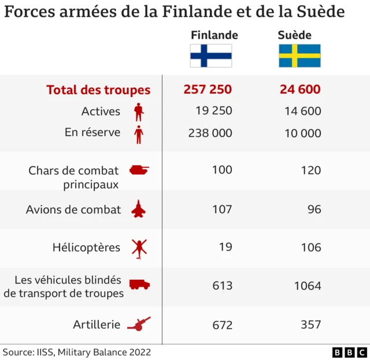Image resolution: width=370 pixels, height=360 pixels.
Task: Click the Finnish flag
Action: [211, 56]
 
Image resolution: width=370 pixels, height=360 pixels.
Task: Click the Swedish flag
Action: [299, 56]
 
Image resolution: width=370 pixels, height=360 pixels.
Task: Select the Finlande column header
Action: [214, 35]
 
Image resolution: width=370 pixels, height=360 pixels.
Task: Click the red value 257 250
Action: [208, 90]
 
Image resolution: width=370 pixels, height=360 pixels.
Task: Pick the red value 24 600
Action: [299, 90]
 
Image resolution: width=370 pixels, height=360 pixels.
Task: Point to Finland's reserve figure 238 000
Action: [210, 133]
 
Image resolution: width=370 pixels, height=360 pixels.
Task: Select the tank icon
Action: [139, 170]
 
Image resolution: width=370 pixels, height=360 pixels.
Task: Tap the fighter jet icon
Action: [139, 209]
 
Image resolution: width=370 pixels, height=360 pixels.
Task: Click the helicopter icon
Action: [139, 248]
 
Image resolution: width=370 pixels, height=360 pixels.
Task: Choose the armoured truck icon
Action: [139, 285]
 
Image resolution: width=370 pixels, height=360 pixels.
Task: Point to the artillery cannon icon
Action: [139, 324]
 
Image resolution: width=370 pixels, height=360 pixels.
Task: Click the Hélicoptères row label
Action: [86, 248]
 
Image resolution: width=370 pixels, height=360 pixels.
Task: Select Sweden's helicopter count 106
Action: [310, 247]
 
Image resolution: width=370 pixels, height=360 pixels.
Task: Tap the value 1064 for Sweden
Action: [307, 285]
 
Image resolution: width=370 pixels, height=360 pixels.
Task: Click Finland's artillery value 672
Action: [222, 325]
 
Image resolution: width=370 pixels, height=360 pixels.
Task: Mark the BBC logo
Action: [349, 352]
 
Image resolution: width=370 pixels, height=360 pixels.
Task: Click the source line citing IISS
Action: [77, 352]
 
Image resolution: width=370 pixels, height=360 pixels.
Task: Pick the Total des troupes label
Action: [98, 90]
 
